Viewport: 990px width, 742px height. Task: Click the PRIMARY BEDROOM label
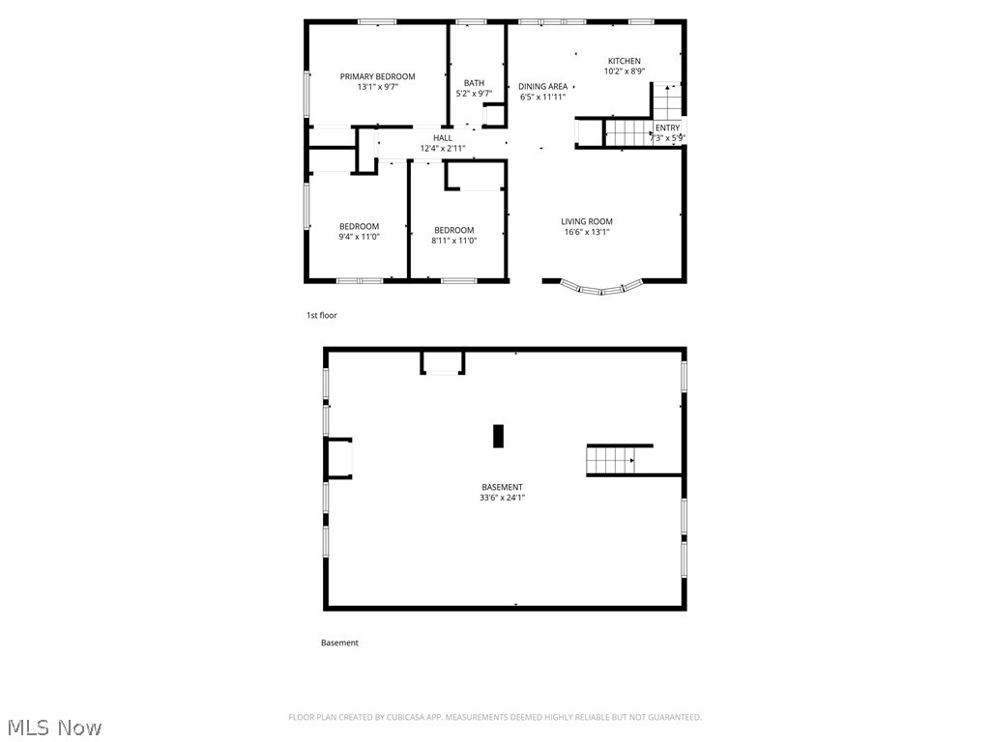377,76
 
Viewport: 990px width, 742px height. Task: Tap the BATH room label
474,83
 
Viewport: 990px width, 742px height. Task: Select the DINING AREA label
542,86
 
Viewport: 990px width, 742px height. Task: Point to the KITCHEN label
624,61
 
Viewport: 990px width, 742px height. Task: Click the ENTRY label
667,128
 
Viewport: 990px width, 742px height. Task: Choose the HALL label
442,138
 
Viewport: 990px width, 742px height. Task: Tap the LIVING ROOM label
587,221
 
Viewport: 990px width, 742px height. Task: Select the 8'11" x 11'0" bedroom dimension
453,241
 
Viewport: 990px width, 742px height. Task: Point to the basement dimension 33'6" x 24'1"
503,498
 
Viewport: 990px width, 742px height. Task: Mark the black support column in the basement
499,436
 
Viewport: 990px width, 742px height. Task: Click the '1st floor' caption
321,315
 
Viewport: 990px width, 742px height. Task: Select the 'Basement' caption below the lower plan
339,642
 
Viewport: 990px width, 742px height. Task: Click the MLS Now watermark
53,727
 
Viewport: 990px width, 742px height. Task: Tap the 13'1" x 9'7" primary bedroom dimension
377,87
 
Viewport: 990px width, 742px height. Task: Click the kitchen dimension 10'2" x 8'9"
624,71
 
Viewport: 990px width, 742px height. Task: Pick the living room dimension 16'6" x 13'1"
587,232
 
